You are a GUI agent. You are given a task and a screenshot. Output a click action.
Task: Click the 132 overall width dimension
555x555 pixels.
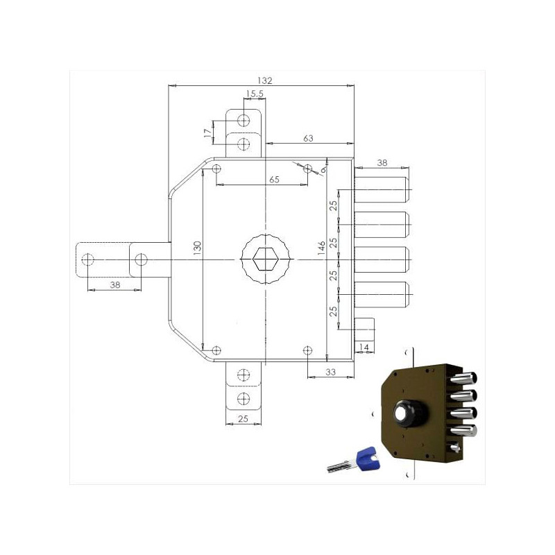[x=265, y=80]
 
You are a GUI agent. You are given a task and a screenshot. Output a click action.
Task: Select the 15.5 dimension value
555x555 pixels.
[x=255, y=94]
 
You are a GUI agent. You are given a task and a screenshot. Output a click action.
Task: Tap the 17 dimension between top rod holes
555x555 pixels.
[x=207, y=133]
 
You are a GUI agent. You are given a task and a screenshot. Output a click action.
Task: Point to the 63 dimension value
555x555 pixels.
[x=308, y=138]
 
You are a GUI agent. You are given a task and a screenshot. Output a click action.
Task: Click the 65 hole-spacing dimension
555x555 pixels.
[x=274, y=180]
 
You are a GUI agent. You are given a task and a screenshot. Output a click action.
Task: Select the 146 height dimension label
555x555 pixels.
[x=321, y=248]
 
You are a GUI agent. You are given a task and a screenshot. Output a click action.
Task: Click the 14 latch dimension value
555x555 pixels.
[x=364, y=348]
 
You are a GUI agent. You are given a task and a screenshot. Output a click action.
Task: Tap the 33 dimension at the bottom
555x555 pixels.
[x=330, y=372]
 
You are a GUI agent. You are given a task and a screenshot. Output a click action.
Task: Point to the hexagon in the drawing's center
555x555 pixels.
[x=266, y=259]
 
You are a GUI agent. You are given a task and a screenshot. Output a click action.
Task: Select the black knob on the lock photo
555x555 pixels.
[x=410, y=413]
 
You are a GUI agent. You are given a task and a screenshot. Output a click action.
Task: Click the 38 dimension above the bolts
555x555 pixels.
[x=382, y=163]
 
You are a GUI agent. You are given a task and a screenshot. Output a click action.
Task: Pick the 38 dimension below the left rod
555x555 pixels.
[x=115, y=284]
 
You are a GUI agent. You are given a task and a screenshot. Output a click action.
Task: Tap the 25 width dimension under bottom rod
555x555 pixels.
[x=244, y=419]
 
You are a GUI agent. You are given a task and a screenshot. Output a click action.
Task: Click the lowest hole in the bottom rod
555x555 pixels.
[x=244, y=398]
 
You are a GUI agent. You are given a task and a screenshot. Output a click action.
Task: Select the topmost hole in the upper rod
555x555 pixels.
[x=244, y=121]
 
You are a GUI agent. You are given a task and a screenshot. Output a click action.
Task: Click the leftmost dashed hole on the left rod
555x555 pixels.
[x=87, y=259]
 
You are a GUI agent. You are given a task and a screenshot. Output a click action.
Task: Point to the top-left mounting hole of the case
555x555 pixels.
[x=216, y=169]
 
